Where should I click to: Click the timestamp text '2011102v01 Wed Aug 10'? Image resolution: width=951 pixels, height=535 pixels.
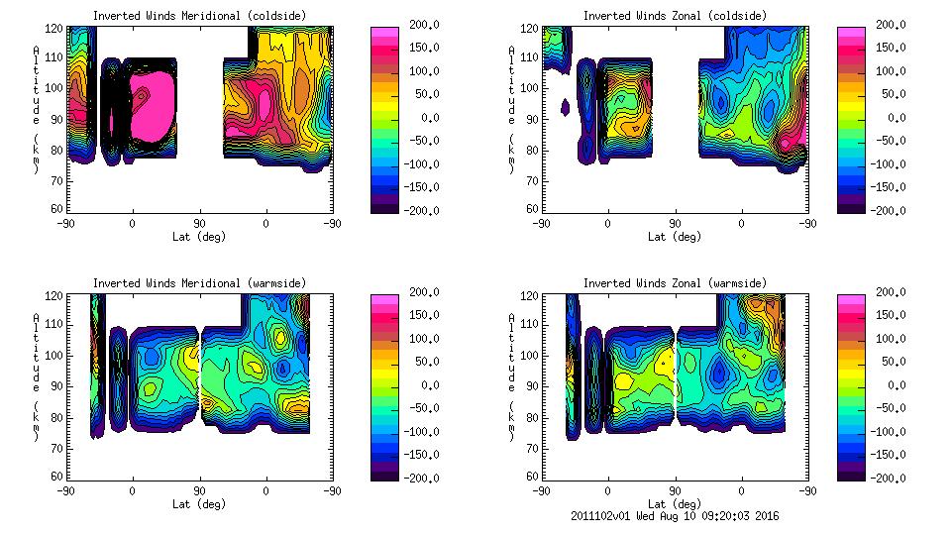pos(653,516)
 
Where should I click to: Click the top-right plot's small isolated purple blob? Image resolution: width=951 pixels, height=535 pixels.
pos(566,106)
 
